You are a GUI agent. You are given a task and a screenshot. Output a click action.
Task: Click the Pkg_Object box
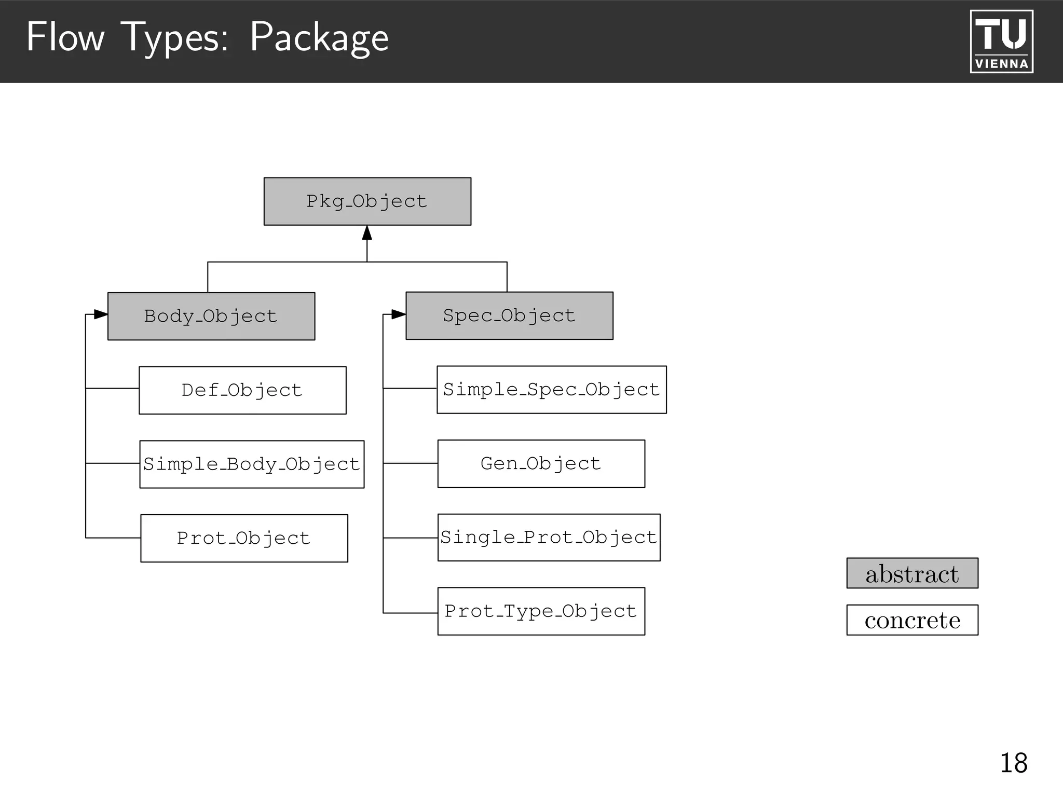(x=367, y=201)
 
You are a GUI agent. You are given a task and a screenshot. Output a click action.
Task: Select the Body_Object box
(x=211, y=316)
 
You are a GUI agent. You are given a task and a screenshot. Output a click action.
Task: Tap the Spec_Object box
(x=509, y=315)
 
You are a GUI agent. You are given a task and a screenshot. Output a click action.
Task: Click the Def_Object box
(x=242, y=390)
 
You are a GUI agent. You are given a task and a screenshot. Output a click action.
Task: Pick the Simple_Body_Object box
(x=252, y=464)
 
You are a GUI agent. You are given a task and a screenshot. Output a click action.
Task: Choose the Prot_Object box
(x=244, y=538)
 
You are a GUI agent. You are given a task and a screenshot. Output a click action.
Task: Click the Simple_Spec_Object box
(x=551, y=390)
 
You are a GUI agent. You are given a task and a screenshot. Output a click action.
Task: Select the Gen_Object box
(x=541, y=463)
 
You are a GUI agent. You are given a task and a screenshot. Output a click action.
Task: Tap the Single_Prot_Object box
(x=549, y=537)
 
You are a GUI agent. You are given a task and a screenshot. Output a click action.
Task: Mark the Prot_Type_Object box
(x=541, y=611)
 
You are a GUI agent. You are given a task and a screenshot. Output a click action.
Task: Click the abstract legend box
(x=912, y=573)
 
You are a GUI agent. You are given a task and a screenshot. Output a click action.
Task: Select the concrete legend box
(x=912, y=620)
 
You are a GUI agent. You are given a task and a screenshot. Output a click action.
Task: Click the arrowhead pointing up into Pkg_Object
(x=367, y=233)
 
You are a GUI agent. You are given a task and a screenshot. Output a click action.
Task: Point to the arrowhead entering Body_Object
(x=101, y=314)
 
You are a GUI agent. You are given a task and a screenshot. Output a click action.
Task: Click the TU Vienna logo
(x=1001, y=42)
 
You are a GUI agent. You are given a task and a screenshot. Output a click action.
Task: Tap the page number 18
(x=1013, y=763)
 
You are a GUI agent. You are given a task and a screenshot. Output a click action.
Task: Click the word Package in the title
(x=319, y=37)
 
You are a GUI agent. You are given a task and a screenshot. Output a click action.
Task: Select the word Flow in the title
(x=65, y=37)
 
